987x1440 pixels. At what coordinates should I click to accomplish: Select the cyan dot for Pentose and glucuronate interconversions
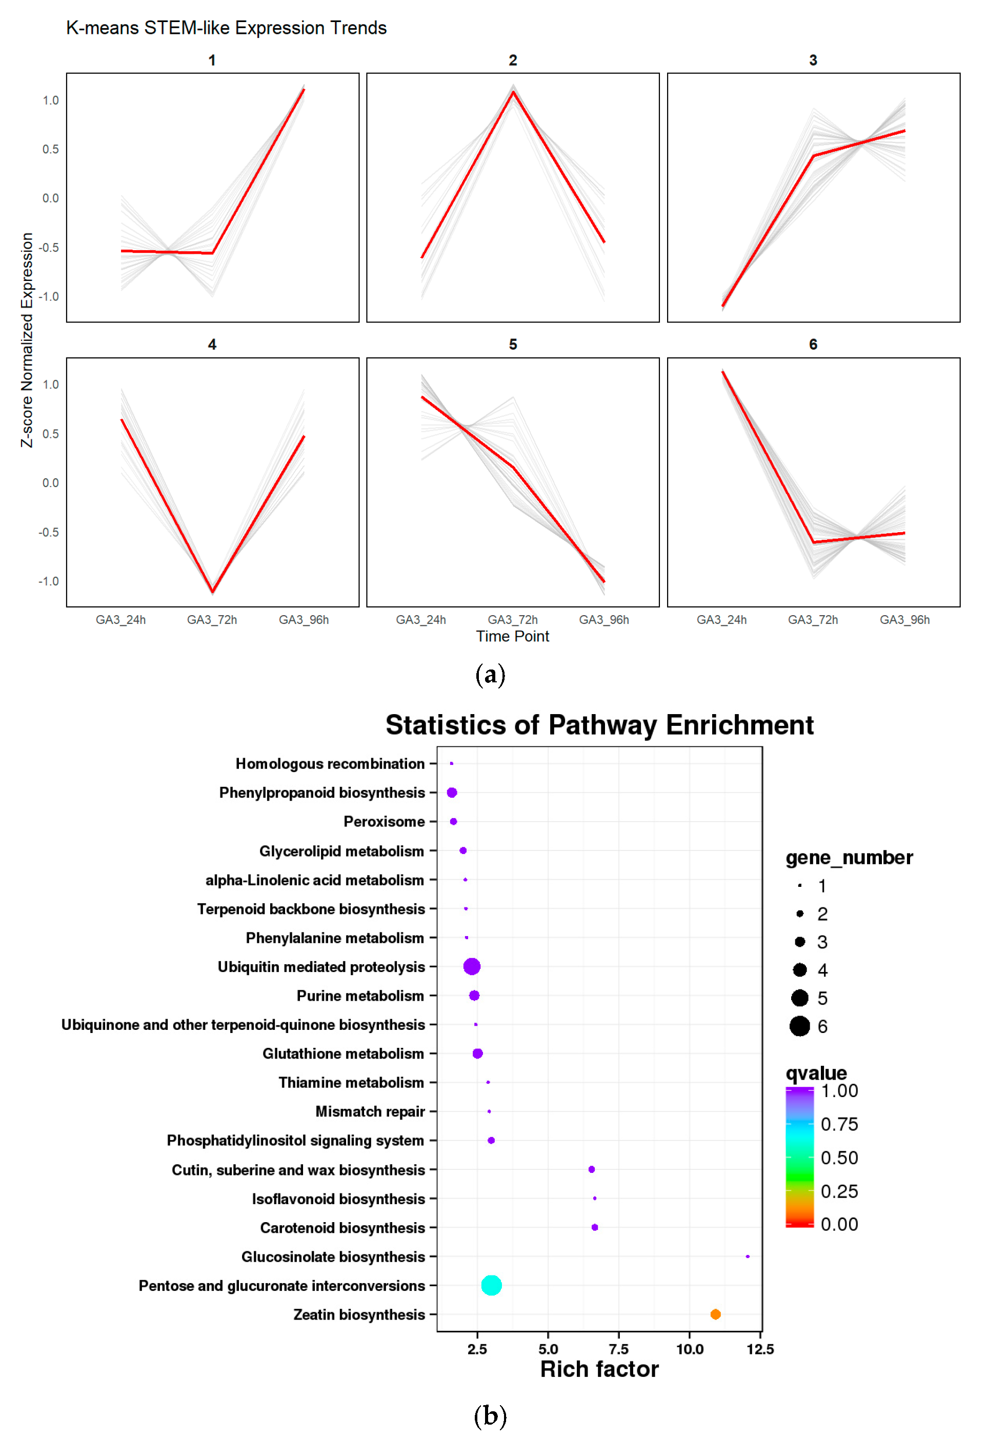pyautogui.click(x=491, y=1285)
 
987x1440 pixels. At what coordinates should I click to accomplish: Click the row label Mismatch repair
pyautogui.click(x=370, y=1111)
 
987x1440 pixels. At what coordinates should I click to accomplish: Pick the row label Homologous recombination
pyautogui.click(x=330, y=763)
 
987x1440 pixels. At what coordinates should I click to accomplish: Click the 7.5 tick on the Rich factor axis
pyautogui.click(x=618, y=1349)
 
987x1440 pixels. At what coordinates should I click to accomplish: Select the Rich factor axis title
pyautogui.click(x=599, y=1369)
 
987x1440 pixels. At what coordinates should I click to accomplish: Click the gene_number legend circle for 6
pyautogui.click(x=799, y=1026)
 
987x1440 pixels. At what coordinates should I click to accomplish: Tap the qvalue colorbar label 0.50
pyautogui.click(x=839, y=1158)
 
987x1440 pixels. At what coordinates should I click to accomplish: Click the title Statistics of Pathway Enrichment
pyautogui.click(x=599, y=724)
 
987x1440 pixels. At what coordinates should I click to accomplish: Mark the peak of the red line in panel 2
pyautogui.click(x=513, y=92)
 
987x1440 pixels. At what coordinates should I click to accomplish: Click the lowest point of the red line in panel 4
pyautogui.click(x=212, y=591)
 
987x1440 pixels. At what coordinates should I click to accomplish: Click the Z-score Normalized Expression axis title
pyautogui.click(x=27, y=339)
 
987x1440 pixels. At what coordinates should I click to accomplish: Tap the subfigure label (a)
pyautogui.click(x=490, y=674)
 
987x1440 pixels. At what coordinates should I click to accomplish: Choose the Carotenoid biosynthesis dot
pyautogui.click(x=594, y=1227)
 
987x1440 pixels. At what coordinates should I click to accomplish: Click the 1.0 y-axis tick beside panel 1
pyautogui.click(x=50, y=100)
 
